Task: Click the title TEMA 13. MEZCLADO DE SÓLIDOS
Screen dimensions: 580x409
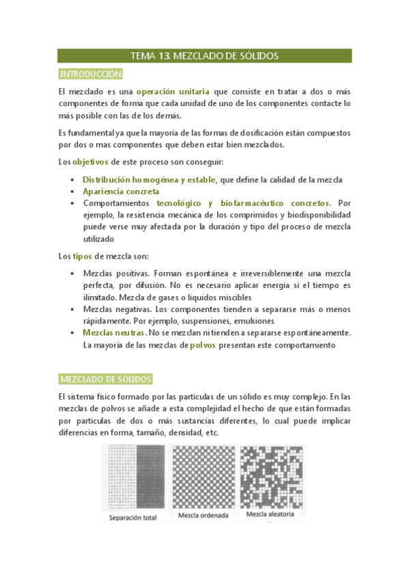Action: click(204, 56)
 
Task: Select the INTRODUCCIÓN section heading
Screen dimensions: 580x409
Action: click(91, 74)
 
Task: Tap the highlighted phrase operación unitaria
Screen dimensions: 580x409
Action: click(172, 92)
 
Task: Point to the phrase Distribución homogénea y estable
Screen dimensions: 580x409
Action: click(148, 179)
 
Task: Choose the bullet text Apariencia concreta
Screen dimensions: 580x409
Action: click(121, 192)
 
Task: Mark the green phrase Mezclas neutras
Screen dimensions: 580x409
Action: click(113, 333)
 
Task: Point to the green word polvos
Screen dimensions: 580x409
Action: click(203, 345)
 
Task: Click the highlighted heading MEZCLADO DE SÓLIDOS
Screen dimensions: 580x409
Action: click(105, 379)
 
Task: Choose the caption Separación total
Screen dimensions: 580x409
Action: click(132, 518)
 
